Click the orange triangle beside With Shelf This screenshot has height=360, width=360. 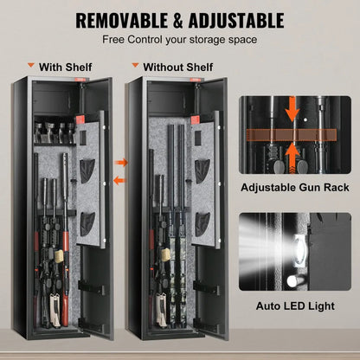point(31,65)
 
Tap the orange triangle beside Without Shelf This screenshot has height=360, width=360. point(135,65)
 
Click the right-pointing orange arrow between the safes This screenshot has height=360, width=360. point(121,162)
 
